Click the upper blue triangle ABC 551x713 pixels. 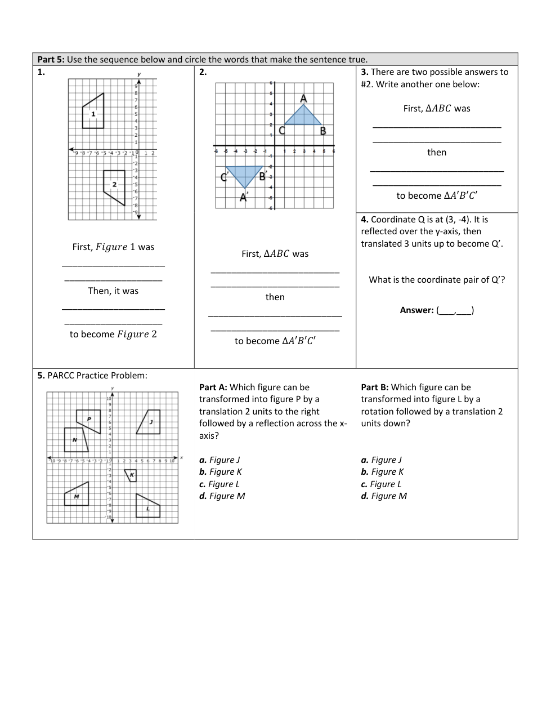303,117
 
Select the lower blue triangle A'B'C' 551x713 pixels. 245,175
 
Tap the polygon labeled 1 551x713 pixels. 94,112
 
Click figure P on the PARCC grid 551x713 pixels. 89,420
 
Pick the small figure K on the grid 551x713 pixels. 131,475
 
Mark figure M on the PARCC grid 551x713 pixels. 78,496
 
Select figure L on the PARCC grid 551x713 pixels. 147,507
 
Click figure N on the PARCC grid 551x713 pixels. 75,440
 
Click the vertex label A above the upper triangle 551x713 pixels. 303,99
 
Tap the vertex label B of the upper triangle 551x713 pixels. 323,131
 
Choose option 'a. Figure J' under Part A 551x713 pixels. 219,460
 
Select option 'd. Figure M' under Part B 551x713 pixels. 384,496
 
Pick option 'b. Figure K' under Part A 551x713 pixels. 221,472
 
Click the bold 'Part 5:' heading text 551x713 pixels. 51,60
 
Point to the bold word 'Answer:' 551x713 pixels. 416,310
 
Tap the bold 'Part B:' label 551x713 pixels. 375,387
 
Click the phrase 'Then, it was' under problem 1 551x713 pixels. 113,291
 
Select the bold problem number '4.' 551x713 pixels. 365,220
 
